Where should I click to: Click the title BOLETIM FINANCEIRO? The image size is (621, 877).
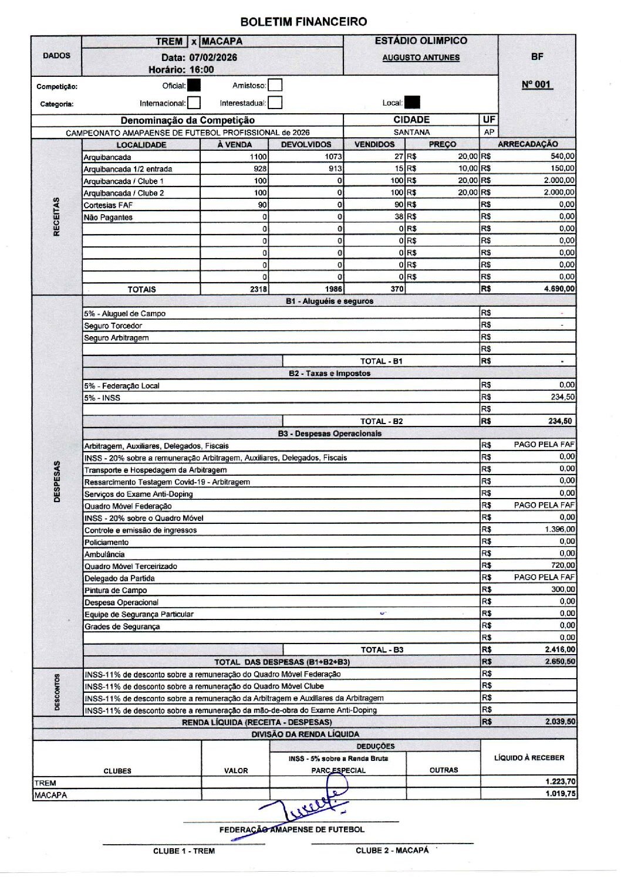(x=303, y=22)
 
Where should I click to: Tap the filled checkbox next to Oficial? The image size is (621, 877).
(x=194, y=86)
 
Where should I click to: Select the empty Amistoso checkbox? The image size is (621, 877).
(x=275, y=86)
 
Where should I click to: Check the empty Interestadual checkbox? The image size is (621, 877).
(x=275, y=103)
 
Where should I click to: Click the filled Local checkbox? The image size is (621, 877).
(x=413, y=103)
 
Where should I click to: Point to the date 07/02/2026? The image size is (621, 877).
(x=213, y=57)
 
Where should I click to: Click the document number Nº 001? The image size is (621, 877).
(x=536, y=84)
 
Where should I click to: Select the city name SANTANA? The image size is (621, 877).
(x=411, y=133)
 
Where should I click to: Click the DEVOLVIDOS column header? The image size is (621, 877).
(x=306, y=144)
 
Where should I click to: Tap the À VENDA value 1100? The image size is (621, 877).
(x=258, y=157)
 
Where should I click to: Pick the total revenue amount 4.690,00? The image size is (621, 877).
(x=558, y=289)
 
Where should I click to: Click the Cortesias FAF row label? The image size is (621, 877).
(x=108, y=205)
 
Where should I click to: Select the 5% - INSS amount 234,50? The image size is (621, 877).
(x=562, y=397)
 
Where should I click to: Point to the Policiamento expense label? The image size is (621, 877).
(x=106, y=542)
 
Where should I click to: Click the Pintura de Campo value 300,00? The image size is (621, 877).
(x=562, y=589)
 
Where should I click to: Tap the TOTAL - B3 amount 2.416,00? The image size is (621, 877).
(x=560, y=649)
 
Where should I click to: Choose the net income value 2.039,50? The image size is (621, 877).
(x=560, y=722)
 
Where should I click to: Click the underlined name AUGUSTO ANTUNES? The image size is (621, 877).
(x=421, y=57)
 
